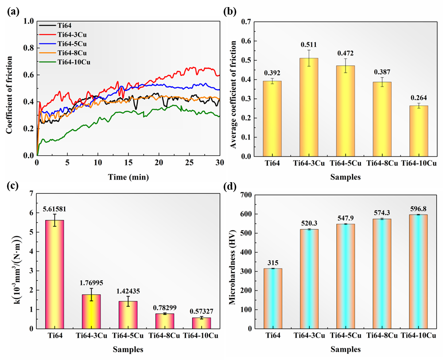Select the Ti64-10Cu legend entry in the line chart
click(x=75, y=62)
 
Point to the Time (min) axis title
click(x=128, y=177)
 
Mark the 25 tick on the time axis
click(x=189, y=162)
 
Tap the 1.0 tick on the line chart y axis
click(x=28, y=21)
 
